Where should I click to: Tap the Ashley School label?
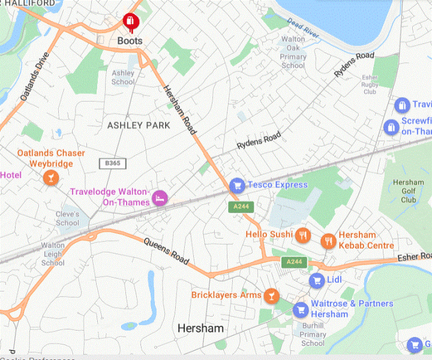pyautogui.click(x=123, y=77)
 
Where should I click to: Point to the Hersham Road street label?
pyautogui.click(x=183, y=108)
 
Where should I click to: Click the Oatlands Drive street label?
pyautogui.click(x=34, y=76)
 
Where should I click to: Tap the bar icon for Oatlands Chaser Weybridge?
pyautogui.click(x=51, y=177)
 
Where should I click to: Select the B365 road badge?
pyautogui.click(x=109, y=163)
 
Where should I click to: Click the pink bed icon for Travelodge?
pyautogui.click(x=159, y=197)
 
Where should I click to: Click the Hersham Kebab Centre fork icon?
pyautogui.click(x=328, y=241)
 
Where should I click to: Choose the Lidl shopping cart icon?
pyautogui.click(x=316, y=280)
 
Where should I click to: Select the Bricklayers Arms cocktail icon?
pyautogui.click(x=272, y=295)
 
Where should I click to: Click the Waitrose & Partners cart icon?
pyautogui.click(x=301, y=309)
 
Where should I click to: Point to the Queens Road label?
pyautogui.click(x=166, y=252)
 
